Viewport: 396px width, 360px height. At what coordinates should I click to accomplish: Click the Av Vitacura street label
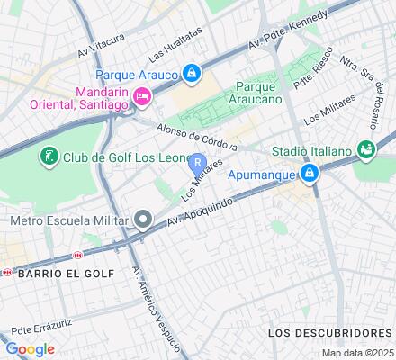(100, 41)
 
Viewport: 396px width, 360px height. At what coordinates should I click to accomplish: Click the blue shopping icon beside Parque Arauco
(192, 72)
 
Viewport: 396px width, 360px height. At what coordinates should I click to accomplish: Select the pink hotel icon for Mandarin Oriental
(140, 96)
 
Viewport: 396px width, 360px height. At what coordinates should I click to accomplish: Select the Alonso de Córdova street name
(195, 134)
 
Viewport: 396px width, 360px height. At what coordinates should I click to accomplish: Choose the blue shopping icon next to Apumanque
(310, 172)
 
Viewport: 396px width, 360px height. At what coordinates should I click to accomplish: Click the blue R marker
(198, 165)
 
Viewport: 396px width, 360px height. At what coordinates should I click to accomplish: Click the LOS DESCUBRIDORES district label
(330, 332)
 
